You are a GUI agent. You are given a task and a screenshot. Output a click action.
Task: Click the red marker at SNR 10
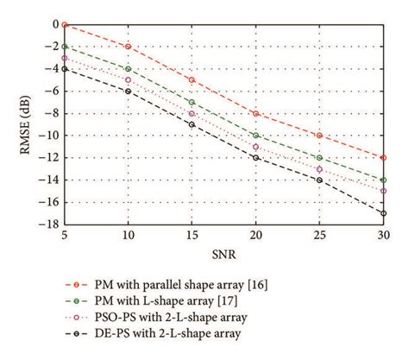pos(128,47)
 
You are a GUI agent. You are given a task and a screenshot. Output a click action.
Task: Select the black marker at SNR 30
pos(383,213)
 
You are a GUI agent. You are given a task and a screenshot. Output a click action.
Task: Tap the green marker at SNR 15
pos(192,102)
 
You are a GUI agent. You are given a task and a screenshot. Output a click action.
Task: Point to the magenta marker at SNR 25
pos(319,169)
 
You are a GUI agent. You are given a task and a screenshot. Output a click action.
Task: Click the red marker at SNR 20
pos(255,113)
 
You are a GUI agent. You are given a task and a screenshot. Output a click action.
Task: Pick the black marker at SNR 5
pos(65,69)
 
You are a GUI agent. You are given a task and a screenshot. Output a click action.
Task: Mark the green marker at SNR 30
pos(383,180)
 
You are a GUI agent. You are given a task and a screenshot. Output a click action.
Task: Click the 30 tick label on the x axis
pos(383,235)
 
